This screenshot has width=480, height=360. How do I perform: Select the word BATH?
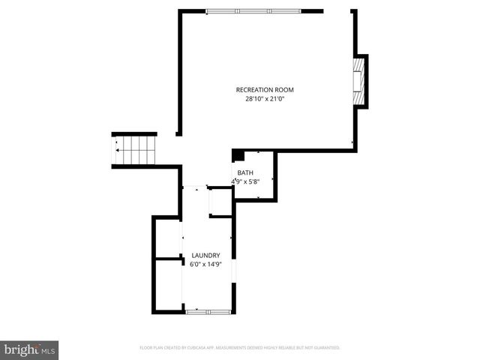(x=245, y=172)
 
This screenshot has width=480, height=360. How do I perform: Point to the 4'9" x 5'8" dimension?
(x=246, y=181)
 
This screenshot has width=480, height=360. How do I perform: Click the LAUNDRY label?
(x=205, y=255)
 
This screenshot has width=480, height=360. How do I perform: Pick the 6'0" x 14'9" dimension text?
(x=205, y=263)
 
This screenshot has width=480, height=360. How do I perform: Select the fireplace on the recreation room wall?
(x=360, y=81)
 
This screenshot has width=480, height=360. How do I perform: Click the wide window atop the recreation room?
(x=255, y=10)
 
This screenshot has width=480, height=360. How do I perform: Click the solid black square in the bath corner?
(x=238, y=155)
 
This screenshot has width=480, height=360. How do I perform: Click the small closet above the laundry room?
(x=220, y=202)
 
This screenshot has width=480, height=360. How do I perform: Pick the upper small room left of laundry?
(x=168, y=238)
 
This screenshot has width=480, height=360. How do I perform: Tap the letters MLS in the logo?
(x=48, y=350)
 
